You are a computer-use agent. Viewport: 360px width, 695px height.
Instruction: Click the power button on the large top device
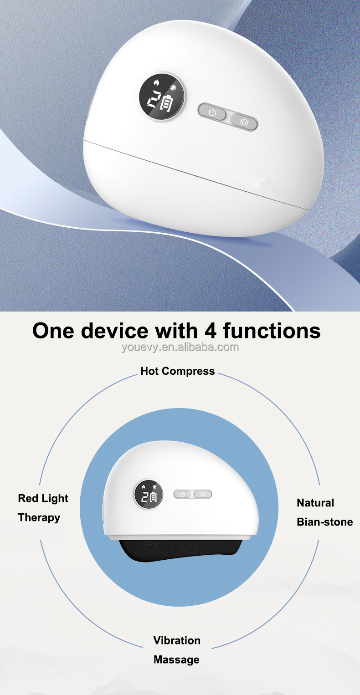tap(212, 112)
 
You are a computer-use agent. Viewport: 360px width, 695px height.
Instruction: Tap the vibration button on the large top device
tap(243, 122)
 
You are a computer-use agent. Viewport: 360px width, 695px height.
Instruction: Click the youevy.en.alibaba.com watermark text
tap(180, 347)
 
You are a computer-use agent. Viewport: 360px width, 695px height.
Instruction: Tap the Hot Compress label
tap(177, 371)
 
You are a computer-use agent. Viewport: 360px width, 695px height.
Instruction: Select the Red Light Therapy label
tap(43, 508)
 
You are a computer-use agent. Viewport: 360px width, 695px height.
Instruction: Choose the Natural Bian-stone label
tap(324, 512)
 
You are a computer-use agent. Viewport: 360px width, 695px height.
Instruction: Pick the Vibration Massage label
tap(176, 650)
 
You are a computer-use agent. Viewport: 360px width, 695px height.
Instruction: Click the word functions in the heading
tap(272, 331)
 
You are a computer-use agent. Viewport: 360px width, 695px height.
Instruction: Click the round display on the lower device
tap(148, 496)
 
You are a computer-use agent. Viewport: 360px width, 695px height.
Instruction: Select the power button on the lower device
tap(182, 494)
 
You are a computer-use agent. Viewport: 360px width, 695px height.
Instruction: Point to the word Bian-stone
tap(324, 522)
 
